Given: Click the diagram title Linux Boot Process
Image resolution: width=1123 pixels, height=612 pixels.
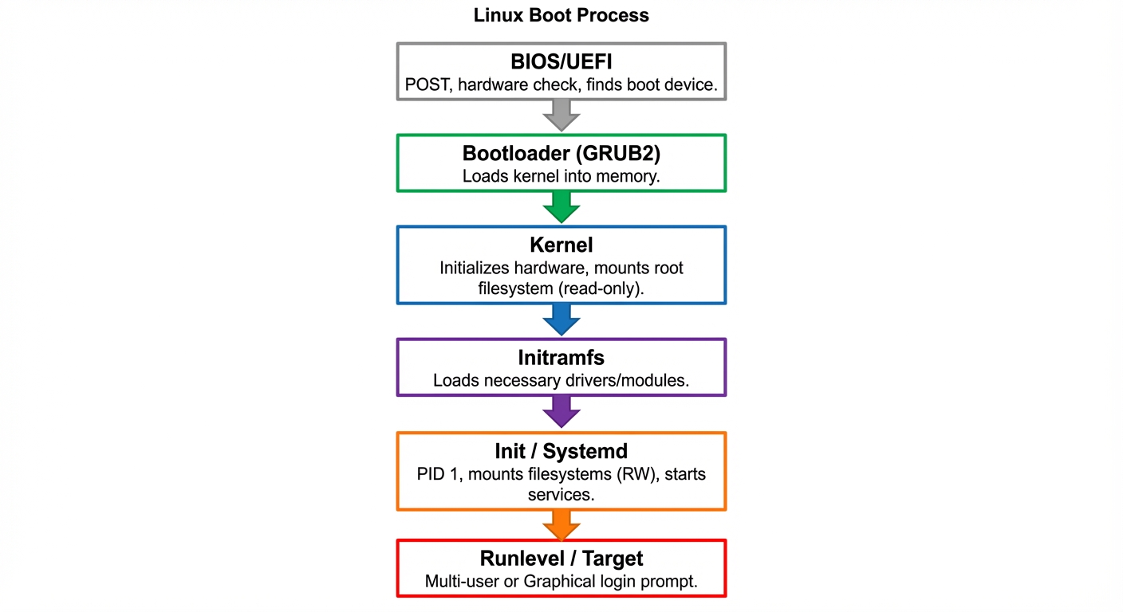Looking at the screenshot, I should pos(561,15).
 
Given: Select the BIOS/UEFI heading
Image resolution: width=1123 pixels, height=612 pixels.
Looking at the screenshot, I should pos(561,62).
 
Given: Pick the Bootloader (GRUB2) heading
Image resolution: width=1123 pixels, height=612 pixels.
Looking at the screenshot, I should pos(561,153).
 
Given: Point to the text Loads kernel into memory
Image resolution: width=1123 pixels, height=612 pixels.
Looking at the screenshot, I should pos(561,176).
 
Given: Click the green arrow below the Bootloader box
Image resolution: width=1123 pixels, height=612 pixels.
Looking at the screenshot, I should pos(561,208).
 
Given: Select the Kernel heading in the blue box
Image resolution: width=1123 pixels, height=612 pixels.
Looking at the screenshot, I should pos(561,245).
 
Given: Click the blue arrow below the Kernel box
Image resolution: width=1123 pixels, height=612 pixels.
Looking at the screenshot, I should pos(561,320).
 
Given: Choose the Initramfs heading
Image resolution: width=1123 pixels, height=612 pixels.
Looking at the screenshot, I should pos(561,358).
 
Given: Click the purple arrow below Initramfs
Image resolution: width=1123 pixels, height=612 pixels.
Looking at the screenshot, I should pos(561,414).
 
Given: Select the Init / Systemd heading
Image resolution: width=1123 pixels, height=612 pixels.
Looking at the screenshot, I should pos(561,452).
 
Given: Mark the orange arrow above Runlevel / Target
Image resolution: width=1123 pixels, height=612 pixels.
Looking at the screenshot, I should pos(561,524).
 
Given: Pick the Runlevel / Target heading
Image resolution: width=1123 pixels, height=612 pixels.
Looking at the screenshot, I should pos(561,559).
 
